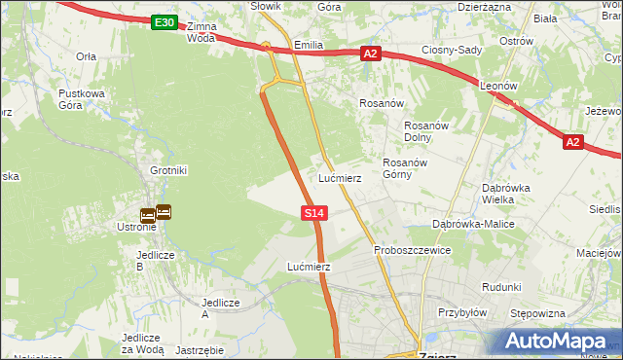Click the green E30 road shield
165,22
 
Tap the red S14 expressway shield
313,212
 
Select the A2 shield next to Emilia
370,54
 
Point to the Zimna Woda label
201,31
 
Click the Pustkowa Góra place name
81,99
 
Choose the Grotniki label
168,170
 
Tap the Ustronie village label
135,228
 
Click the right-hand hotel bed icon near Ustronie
164,210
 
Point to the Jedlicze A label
219,307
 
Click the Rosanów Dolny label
424,131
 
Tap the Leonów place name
497,86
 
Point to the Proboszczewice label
413,250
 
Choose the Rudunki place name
501,287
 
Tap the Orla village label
86,56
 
